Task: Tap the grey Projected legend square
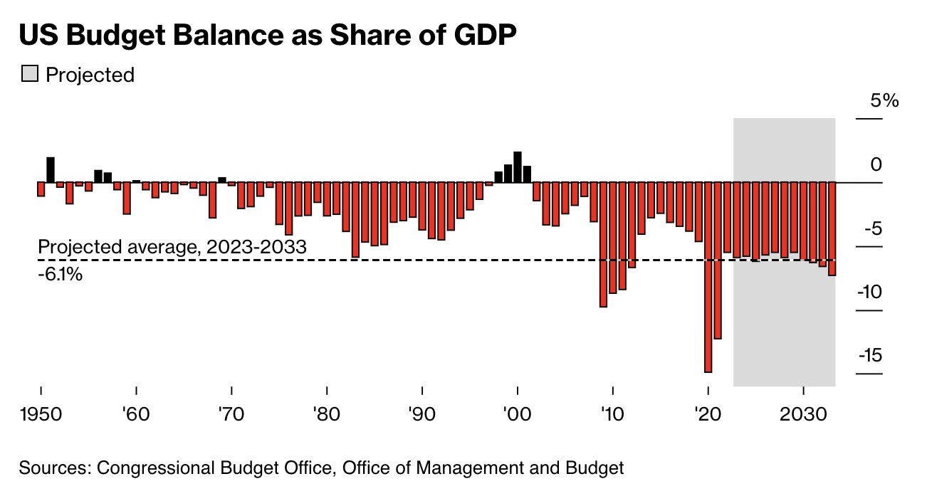click(29, 74)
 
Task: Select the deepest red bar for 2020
click(708, 278)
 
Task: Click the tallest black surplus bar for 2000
click(518, 167)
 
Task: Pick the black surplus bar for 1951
click(51, 170)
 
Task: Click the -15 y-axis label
click(870, 355)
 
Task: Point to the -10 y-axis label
click(870, 292)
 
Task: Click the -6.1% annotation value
click(60, 273)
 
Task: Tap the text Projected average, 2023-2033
click(172, 248)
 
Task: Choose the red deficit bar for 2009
click(603, 244)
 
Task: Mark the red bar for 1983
click(355, 219)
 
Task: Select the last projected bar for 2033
click(832, 228)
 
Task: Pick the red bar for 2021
click(718, 260)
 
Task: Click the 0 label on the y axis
click(875, 164)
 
